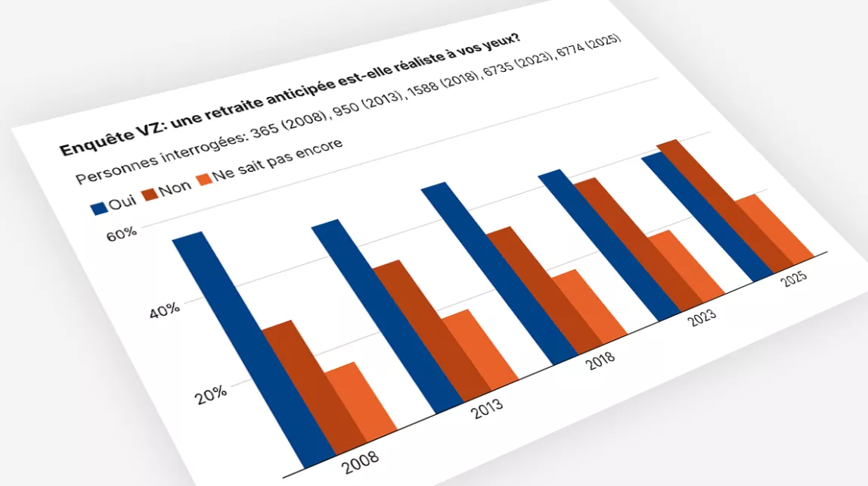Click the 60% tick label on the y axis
(x=122, y=234)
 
